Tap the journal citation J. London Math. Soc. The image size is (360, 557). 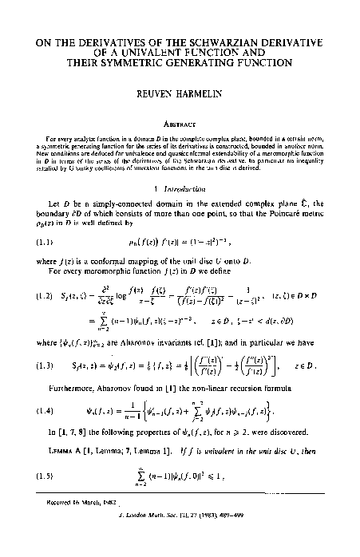(x=216, y=545)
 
